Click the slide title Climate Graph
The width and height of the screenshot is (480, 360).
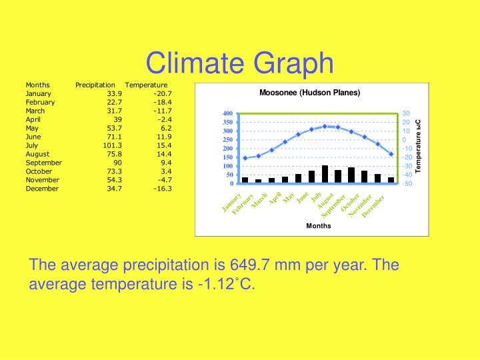point(239,63)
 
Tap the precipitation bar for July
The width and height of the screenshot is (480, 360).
point(325,175)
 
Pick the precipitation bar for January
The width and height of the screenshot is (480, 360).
point(245,180)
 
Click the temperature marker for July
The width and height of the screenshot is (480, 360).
point(325,126)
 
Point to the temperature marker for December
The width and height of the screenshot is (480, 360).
point(391,154)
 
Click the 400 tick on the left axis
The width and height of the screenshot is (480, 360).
point(227,113)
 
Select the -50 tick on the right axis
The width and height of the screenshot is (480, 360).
point(407,183)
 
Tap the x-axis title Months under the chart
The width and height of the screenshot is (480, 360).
point(318,226)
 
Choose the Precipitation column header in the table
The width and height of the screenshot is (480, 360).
point(95,85)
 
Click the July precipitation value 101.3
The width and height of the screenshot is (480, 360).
point(113,145)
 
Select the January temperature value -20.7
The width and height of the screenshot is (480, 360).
point(162,94)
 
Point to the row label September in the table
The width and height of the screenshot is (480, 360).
point(43,163)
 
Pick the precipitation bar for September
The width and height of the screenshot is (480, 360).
point(351,175)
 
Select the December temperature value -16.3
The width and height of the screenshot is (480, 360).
point(162,189)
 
